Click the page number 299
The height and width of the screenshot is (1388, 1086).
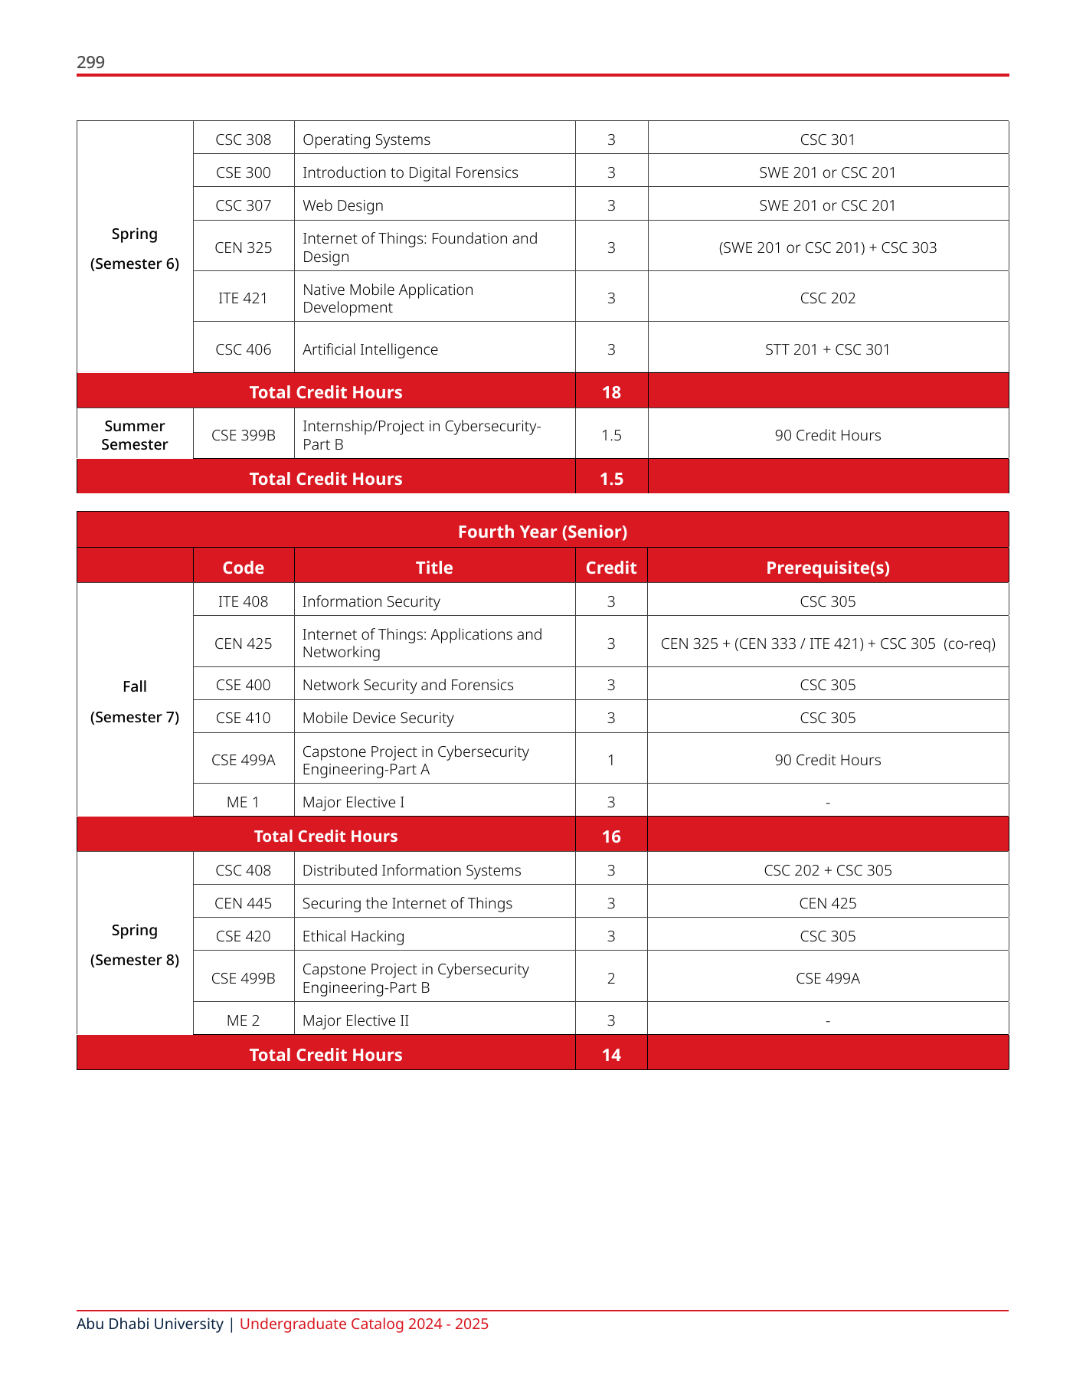point(90,62)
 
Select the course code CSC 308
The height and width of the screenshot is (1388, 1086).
point(244,139)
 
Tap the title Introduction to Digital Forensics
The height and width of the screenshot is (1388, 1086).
point(410,172)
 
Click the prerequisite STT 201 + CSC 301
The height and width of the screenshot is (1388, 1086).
point(827,349)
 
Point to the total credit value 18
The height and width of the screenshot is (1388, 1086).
point(611,392)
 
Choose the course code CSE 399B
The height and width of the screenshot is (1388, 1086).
point(244,435)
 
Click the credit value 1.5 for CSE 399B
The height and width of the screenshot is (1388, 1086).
point(611,435)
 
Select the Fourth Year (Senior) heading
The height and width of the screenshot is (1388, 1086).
point(542,532)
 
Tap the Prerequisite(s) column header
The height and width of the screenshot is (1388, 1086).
point(827,568)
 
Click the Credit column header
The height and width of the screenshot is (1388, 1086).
point(611,568)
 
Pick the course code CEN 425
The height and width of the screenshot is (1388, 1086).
point(244,643)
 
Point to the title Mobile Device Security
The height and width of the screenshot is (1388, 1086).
point(378,718)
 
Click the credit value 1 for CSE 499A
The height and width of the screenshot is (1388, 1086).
point(611,760)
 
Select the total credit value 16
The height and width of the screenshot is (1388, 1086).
point(611,836)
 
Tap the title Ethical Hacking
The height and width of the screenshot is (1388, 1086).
point(353,936)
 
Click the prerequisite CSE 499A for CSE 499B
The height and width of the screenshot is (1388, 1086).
point(827,978)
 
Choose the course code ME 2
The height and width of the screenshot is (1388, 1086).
point(244,1020)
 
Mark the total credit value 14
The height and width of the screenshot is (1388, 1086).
point(611,1055)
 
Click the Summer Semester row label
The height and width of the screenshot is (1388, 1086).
point(135,435)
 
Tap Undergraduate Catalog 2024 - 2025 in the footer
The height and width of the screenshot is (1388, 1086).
point(364,1324)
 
